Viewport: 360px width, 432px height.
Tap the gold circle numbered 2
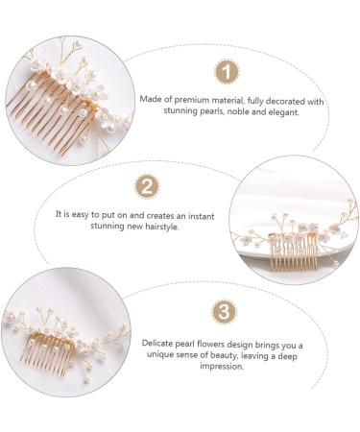coord(146,186)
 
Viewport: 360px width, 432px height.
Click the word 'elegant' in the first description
coord(278,111)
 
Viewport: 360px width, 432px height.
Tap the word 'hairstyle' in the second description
coord(156,227)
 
